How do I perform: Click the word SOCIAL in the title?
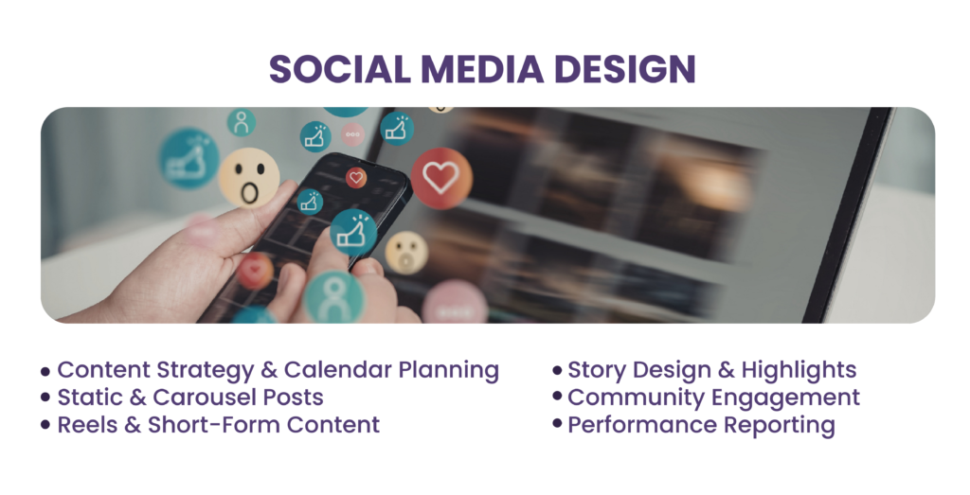pos(340,68)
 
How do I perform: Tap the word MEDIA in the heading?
pos(482,68)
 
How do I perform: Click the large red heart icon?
pos(441,178)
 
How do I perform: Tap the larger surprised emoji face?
pos(249,178)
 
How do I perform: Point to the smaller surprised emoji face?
pos(406,252)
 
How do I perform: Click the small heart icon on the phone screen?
pos(356,178)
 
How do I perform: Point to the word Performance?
pos(643,425)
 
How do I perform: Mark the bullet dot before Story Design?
pos(557,370)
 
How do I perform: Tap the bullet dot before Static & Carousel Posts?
pos(45,398)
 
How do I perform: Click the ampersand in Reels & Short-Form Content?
pos(133,425)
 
